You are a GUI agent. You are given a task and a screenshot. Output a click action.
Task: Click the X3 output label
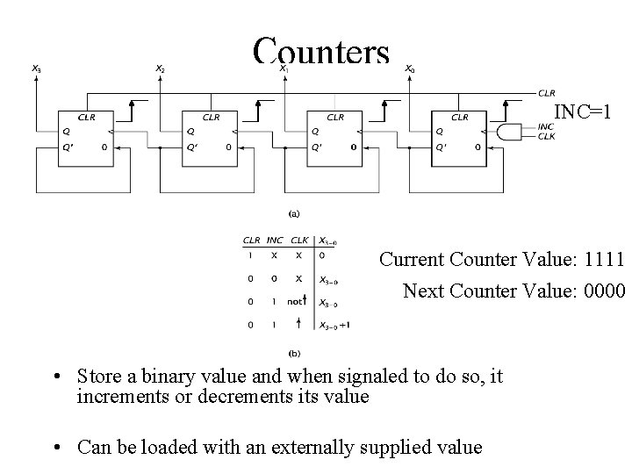click(x=36, y=68)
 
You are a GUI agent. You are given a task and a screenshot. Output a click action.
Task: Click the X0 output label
click(x=409, y=68)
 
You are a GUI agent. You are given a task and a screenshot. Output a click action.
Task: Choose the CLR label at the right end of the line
click(x=546, y=92)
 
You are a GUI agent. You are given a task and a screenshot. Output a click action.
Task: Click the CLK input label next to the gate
click(x=546, y=137)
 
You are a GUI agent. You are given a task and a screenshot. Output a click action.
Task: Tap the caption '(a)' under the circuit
click(x=295, y=212)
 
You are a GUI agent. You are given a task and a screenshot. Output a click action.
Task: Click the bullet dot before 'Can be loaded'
click(x=55, y=448)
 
